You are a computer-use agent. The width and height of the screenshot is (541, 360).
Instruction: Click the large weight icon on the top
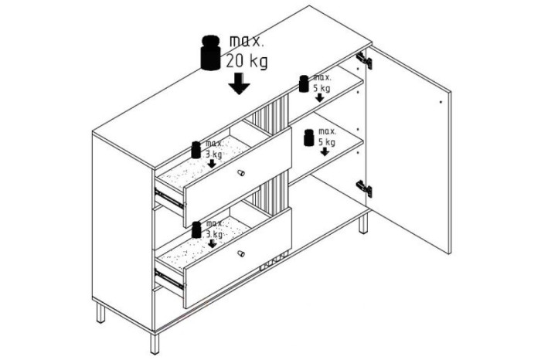(210, 53)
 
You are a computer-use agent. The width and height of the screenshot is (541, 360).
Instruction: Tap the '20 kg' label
(247, 61)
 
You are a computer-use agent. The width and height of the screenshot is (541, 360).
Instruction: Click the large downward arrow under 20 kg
(239, 83)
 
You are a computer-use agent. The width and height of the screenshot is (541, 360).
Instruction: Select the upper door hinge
(364, 60)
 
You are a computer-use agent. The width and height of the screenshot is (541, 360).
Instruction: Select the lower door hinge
(364, 189)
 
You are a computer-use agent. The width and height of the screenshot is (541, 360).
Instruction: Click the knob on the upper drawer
(241, 172)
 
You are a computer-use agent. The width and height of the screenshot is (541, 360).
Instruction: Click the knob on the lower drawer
(241, 254)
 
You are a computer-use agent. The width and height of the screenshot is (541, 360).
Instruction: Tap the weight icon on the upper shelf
(304, 83)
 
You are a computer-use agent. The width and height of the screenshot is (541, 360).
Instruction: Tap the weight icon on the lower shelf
(309, 138)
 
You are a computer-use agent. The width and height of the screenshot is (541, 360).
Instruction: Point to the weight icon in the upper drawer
(196, 150)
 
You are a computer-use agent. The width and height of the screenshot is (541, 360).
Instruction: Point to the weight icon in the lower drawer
(196, 230)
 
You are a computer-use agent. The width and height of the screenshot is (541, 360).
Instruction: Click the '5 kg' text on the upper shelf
(322, 88)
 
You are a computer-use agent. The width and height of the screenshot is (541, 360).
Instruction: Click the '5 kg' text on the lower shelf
(326, 142)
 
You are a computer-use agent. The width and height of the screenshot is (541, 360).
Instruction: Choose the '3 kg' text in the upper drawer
(214, 155)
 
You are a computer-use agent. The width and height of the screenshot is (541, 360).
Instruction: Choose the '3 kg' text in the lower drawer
(214, 235)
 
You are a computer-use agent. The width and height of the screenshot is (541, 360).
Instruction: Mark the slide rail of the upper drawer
(169, 199)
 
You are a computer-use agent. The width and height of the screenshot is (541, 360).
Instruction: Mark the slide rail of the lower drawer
(169, 279)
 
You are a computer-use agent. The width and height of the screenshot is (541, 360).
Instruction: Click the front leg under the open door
(363, 222)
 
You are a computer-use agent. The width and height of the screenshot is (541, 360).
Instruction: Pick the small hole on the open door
(441, 102)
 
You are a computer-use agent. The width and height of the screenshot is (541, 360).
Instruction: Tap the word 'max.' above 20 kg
(247, 42)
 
